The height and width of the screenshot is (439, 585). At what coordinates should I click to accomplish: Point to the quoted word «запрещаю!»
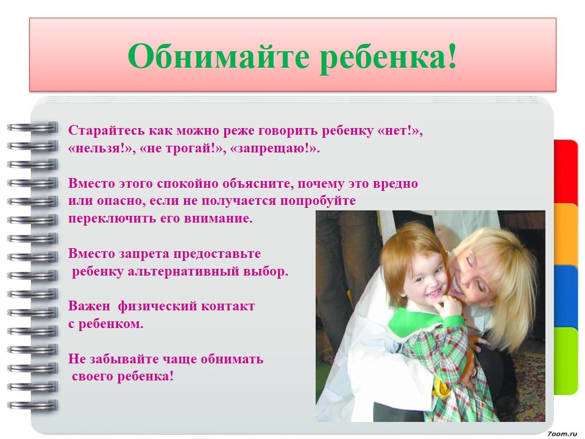[275, 149]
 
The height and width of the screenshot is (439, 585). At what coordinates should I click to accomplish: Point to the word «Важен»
[89, 307]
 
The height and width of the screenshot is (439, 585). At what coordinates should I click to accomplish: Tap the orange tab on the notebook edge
[565, 234]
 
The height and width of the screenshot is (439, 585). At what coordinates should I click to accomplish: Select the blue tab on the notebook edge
[565, 297]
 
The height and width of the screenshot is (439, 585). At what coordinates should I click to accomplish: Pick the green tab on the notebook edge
[565, 360]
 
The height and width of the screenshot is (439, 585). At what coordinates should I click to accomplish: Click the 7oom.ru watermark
[562, 434]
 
